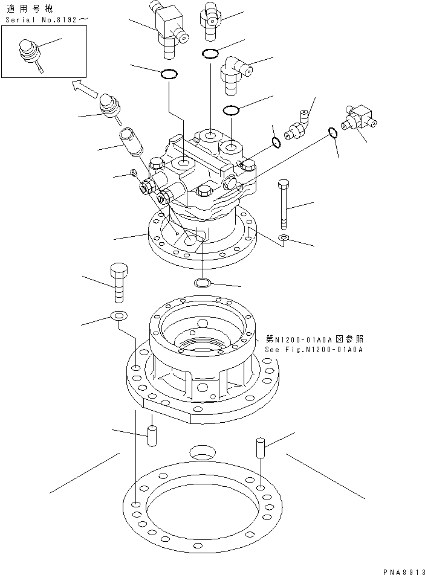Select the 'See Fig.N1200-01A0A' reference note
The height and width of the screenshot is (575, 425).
click(313, 349)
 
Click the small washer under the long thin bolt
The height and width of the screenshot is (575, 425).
click(284, 239)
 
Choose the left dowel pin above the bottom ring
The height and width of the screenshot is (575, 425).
click(152, 435)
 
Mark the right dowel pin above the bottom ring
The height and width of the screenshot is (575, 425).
click(259, 448)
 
